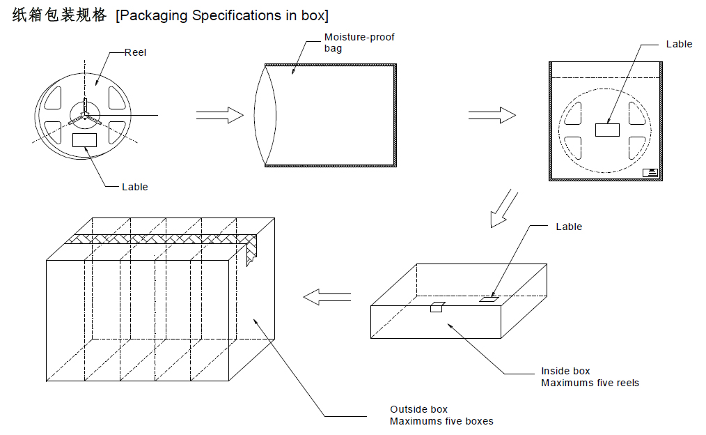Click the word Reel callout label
(135, 52)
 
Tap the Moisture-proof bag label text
(359, 43)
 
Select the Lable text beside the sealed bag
(679, 44)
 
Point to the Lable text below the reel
(134, 187)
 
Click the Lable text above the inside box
(569, 227)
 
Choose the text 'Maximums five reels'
(590, 383)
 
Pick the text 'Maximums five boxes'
(441, 421)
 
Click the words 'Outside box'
(418, 409)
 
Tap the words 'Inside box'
(565, 371)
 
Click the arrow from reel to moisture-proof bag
(220, 115)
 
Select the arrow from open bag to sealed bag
(492, 115)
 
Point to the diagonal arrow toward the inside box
(504, 208)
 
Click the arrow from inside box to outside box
(327, 297)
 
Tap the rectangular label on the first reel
(85, 139)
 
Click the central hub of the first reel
(85, 114)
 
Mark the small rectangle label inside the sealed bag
(607, 130)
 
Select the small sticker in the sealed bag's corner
(650, 172)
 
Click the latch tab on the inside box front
(437, 307)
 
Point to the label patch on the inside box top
(489, 299)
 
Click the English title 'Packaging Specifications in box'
(222, 15)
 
